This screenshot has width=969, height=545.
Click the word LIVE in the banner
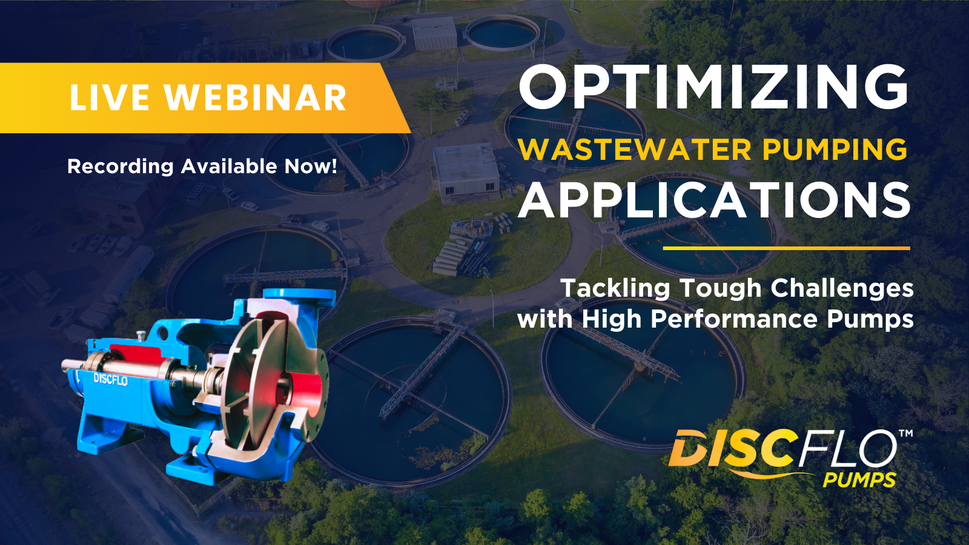109,98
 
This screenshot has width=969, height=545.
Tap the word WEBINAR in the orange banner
255,98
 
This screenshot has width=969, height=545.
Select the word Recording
120,167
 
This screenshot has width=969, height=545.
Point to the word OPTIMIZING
713,87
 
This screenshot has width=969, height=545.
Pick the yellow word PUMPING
835,150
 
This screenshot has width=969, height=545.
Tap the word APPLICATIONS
715,201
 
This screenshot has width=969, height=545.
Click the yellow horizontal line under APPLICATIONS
786,248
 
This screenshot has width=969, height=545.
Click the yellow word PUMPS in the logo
859,480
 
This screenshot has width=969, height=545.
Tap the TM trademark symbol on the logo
905,434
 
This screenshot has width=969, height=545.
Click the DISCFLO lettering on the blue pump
110,380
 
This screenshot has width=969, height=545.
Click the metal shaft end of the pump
68,365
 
